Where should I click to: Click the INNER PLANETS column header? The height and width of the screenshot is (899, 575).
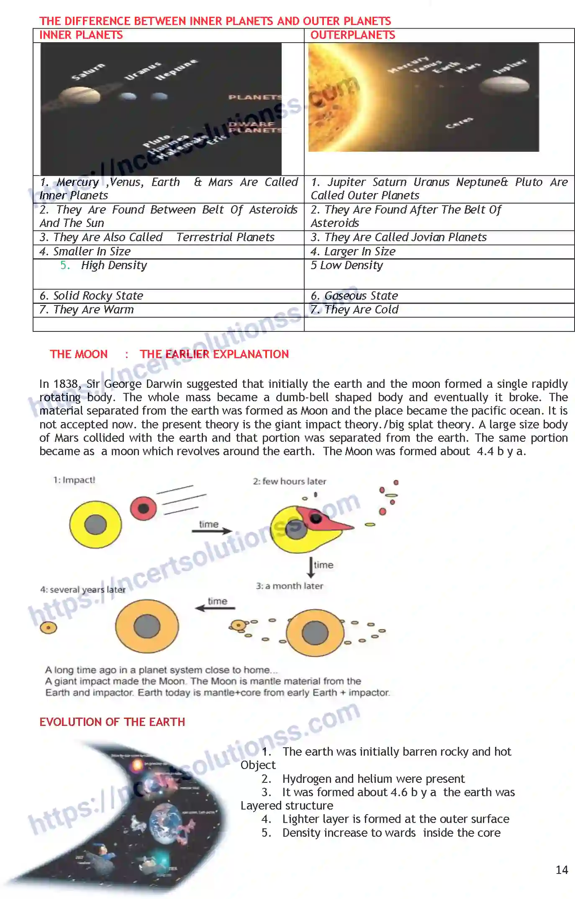click(81, 35)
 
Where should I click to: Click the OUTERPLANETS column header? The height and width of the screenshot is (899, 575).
click(352, 35)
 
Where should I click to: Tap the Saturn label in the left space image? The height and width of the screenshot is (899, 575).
click(88, 72)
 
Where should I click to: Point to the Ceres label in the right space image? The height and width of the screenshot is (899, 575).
click(459, 122)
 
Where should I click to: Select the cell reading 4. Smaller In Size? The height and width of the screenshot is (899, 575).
click(85, 252)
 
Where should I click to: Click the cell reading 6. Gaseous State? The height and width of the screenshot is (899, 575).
click(354, 296)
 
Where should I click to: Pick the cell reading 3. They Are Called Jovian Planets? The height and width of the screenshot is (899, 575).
click(398, 237)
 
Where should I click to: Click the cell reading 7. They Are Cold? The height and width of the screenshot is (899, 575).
click(354, 310)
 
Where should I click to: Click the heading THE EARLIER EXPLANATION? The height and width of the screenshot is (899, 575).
click(214, 354)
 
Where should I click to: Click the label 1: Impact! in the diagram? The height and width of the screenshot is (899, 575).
click(74, 480)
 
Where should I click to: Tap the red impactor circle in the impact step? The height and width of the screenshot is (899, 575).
click(143, 508)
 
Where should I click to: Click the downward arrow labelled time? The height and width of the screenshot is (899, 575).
click(311, 567)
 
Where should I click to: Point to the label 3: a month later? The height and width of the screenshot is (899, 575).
click(289, 586)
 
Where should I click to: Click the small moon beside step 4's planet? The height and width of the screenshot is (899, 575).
click(49, 627)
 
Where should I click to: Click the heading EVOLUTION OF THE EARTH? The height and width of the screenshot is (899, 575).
click(112, 722)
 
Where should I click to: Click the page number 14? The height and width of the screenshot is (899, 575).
click(561, 870)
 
